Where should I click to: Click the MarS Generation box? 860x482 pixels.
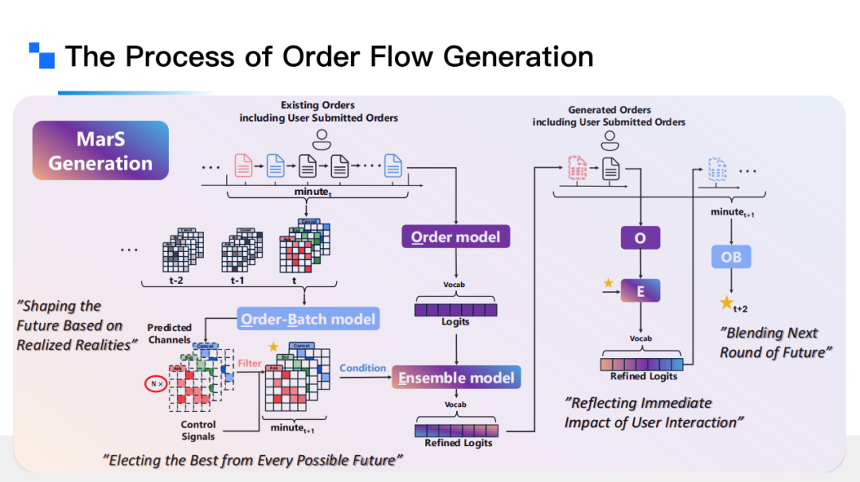(x=100, y=151)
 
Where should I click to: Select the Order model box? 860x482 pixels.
(x=455, y=237)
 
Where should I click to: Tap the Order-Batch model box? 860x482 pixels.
(x=308, y=320)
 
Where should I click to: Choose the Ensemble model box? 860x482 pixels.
(x=456, y=378)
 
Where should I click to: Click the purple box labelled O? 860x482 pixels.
(x=640, y=239)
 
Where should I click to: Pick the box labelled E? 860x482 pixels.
(x=640, y=291)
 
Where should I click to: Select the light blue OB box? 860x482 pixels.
(x=731, y=257)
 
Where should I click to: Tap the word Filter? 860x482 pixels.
(x=249, y=363)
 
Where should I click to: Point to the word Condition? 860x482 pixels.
(x=362, y=368)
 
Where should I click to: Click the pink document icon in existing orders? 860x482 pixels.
(x=243, y=165)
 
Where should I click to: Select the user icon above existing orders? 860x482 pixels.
(x=321, y=140)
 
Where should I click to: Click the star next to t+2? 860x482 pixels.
(x=725, y=303)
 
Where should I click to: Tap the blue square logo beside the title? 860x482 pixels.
(x=42, y=55)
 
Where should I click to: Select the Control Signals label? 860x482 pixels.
(x=197, y=430)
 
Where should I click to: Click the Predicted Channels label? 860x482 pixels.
(x=170, y=332)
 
